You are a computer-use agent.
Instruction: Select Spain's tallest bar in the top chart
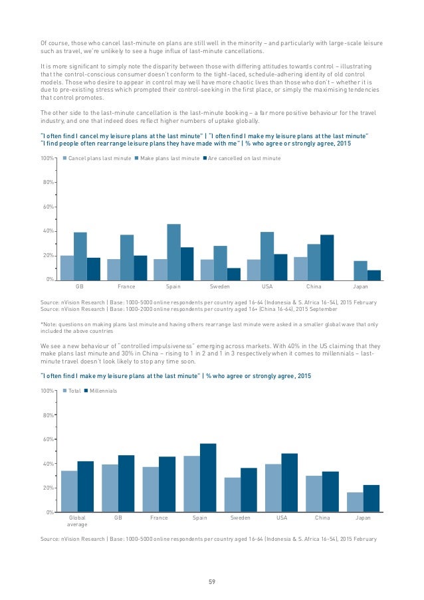tap(173, 252)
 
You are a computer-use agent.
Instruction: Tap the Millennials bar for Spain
tap(208, 477)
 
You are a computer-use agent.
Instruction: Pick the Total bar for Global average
tap(69, 491)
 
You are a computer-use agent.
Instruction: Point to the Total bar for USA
tap(273, 488)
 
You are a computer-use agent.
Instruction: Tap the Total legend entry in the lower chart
tap(74, 391)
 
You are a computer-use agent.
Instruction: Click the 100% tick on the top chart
tap(46, 158)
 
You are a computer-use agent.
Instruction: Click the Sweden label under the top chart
tap(220, 287)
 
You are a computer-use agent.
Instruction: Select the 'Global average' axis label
tap(77, 520)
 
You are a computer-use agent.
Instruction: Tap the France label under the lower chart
tap(159, 516)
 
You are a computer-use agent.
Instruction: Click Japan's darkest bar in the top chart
tap(374, 274)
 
